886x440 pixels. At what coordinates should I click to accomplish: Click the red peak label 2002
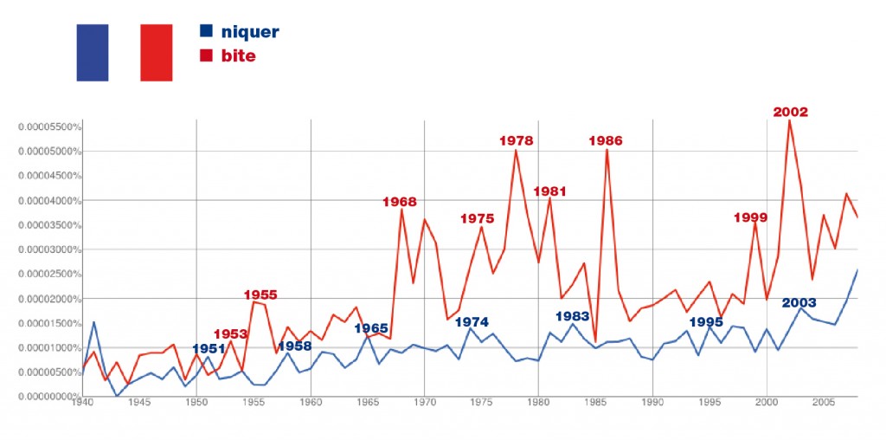790,112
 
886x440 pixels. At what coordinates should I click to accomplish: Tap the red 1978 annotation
516,140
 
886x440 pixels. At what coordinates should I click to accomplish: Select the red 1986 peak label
605,140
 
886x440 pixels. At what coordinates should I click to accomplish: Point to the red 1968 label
399,202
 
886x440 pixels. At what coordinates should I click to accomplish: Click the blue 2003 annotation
798,302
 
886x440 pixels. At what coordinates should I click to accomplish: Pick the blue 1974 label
472,321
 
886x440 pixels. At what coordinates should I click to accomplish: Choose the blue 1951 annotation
209,348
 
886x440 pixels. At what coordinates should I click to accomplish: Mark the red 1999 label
750,217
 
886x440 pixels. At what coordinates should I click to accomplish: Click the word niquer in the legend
250,33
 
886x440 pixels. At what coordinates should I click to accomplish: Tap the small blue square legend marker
206,31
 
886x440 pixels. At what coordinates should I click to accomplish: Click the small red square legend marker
206,55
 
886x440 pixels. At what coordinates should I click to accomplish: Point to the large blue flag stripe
93,52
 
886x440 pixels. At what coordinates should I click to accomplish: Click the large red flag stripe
156,52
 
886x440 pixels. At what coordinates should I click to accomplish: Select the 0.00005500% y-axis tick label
50,127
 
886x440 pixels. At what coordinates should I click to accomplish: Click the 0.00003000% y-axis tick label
50,249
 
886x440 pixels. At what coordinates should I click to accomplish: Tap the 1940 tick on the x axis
82,402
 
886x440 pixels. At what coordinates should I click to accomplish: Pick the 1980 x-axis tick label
538,402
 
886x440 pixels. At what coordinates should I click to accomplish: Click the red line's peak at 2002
789,120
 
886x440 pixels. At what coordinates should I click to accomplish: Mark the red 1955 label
260,294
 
